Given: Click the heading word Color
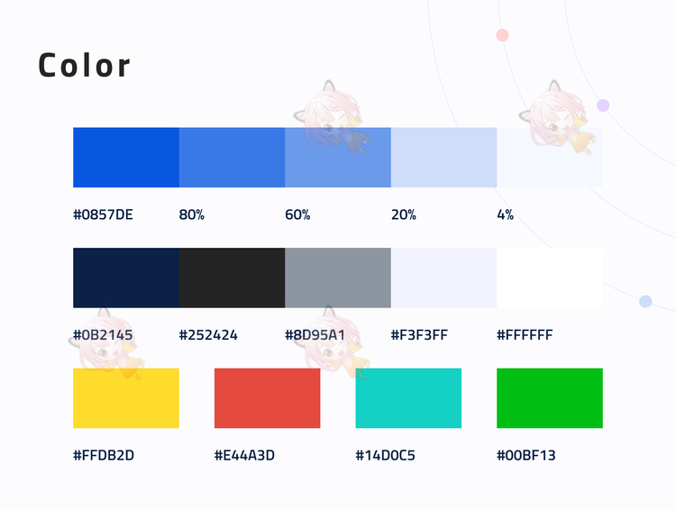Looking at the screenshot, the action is tap(84, 66).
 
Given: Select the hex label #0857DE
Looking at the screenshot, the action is tap(103, 214).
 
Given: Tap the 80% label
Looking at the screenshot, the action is tap(191, 214).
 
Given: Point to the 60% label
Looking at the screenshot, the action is tap(297, 214).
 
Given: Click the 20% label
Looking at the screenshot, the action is tap(404, 214).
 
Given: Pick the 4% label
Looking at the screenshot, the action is tap(506, 214).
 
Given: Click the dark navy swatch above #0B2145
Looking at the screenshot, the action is tap(126, 278).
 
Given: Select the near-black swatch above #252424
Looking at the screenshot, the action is tap(232, 278).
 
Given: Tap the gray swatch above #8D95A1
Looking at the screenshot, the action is tap(338, 278).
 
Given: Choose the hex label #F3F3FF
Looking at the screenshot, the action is tap(419, 335).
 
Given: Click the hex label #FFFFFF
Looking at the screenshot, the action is tap(525, 335).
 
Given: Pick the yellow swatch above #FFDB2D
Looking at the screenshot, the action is tap(126, 398).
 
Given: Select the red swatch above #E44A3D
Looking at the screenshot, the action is tap(268, 398).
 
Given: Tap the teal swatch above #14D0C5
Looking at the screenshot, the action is tap(408, 398).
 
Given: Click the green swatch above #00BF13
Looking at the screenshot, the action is tap(550, 398).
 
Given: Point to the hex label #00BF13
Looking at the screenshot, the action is tap(526, 455).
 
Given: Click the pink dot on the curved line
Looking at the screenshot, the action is tap(502, 35).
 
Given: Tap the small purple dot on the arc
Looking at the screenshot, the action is tap(603, 105).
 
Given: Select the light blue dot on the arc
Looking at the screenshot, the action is tap(645, 301).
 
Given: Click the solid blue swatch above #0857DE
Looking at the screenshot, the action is tap(126, 158).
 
